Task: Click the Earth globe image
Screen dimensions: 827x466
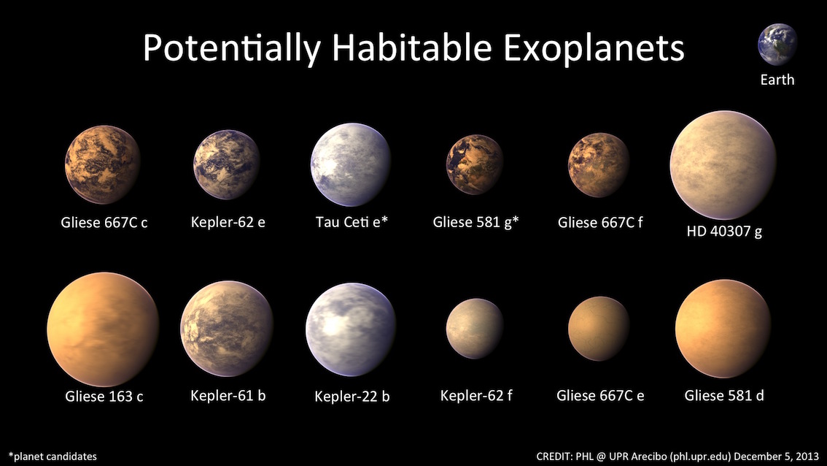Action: pos(777,45)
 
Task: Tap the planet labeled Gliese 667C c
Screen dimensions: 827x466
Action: pos(103,164)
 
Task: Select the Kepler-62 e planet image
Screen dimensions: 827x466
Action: pos(227,164)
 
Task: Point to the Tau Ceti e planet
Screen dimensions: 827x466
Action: pos(351,164)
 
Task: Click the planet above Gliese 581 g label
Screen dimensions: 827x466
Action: pos(475,164)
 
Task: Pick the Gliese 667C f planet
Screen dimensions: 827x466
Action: pos(599,164)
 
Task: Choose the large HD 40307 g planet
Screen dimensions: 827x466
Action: pos(723,165)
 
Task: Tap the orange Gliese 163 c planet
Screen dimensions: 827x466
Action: pos(103,329)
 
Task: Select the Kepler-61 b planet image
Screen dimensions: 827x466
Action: pos(227,329)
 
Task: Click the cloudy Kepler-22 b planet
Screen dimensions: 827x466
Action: pos(351,329)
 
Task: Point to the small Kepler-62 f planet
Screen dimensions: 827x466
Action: pos(475,329)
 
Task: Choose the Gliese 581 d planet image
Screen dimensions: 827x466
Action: pos(723,329)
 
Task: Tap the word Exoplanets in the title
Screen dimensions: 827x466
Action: pos(594,49)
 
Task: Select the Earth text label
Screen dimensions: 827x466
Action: pos(777,80)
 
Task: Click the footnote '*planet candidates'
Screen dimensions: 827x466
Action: pos(53,457)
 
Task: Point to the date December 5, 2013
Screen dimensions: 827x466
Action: pos(777,456)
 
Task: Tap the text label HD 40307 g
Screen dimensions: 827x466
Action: pos(724,232)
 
